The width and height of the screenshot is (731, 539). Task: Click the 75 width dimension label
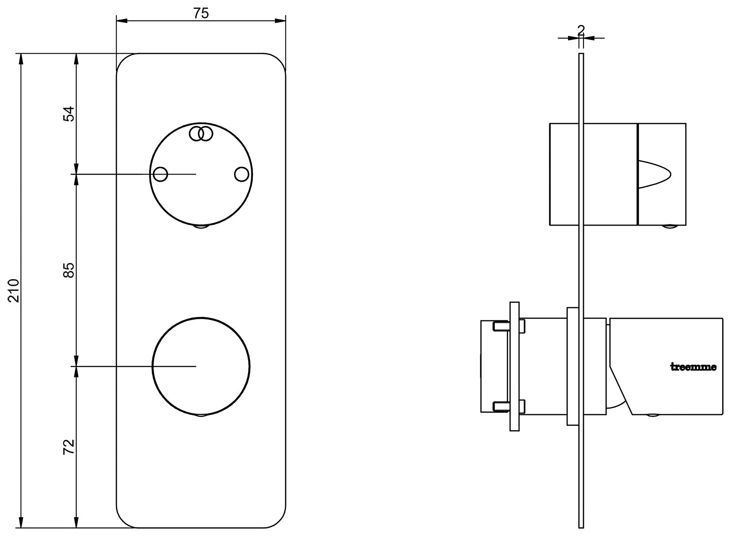(201, 13)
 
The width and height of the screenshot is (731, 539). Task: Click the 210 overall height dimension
(14, 290)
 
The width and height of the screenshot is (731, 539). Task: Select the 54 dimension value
(69, 114)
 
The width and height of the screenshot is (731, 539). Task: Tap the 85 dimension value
(69, 270)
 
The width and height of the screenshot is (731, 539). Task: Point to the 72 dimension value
(69, 447)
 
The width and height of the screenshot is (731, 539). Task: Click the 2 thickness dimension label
(581, 30)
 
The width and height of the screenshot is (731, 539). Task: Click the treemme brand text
(692, 367)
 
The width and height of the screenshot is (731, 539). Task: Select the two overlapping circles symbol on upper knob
(201, 133)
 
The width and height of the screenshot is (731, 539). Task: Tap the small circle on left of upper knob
(160, 174)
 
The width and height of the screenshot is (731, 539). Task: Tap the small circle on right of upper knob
(241, 174)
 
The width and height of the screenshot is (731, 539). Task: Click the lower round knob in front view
(201, 366)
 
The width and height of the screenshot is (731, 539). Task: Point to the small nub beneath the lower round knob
(202, 415)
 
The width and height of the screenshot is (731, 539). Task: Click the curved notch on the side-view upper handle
(654, 174)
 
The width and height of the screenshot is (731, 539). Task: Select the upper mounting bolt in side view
(509, 327)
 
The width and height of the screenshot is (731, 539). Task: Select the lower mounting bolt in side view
(509, 405)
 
